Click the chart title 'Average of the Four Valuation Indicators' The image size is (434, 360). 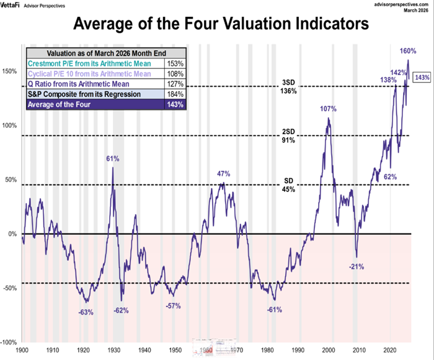(x=217, y=25)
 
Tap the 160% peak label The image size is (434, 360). (x=407, y=51)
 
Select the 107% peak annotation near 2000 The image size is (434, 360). (x=328, y=109)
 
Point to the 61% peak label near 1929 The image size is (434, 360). (x=112, y=159)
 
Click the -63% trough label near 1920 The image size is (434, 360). (x=86, y=312)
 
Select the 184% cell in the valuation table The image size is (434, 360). (x=175, y=94)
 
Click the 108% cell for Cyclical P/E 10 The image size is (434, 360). (x=175, y=74)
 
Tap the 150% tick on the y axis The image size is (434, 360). (x=10, y=71)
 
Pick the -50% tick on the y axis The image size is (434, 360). (x=10, y=289)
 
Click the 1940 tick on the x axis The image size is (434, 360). (x=144, y=350)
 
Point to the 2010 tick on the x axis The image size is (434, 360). (x=360, y=350)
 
